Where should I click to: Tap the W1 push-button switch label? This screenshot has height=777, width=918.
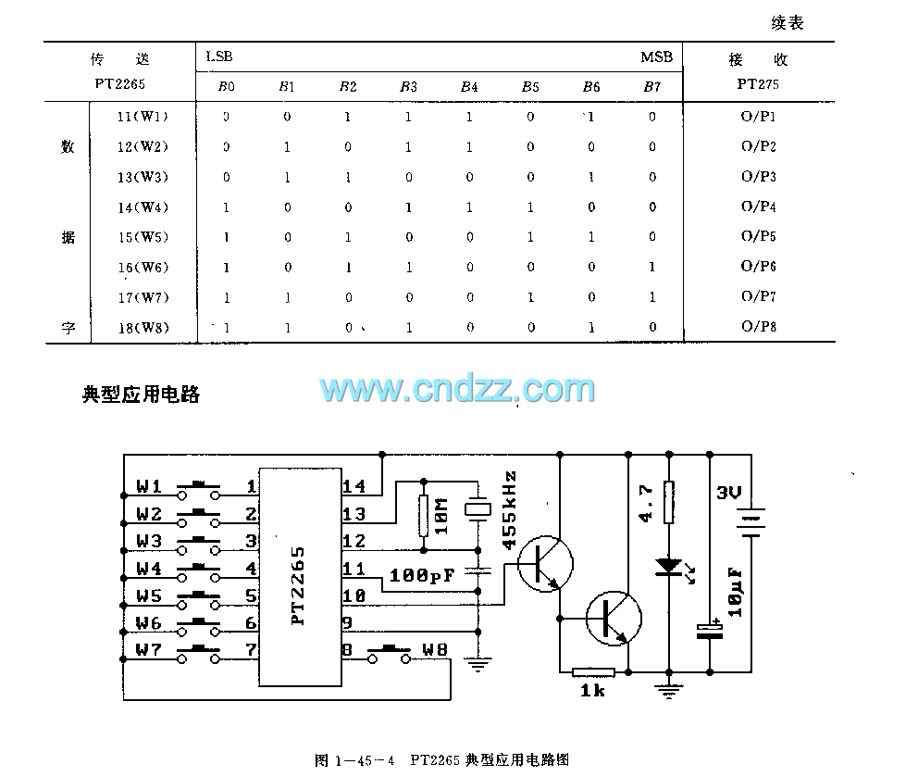[x=149, y=486]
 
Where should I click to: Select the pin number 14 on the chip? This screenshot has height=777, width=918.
[x=354, y=486]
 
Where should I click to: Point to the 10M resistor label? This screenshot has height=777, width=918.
[x=441, y=517]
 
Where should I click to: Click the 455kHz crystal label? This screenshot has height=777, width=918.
[x=509, y=510]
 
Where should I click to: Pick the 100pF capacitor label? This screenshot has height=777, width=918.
[x=422, y=576]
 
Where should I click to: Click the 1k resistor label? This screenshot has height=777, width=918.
[x=592, y=691]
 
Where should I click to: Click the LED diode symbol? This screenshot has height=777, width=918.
[x=668, y=566]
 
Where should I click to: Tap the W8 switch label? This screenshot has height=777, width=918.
[x=434, y=649]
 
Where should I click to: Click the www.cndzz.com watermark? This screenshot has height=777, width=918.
[x=458, y=390]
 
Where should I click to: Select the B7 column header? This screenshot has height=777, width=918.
[x=651, y=87]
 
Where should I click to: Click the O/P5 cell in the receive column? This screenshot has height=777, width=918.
[x=758, y=237]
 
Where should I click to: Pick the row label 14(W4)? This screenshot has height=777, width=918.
[x=143, y=207]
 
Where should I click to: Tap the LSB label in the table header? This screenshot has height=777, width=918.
[x=219, y=57]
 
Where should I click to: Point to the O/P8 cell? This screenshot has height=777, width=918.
[x=758, y=327]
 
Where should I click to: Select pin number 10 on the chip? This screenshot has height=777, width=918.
[x=354, y=595]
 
